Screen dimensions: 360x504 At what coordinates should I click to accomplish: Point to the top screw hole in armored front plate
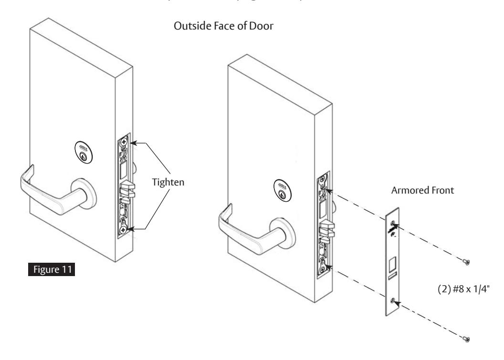[x=392, y=223]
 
